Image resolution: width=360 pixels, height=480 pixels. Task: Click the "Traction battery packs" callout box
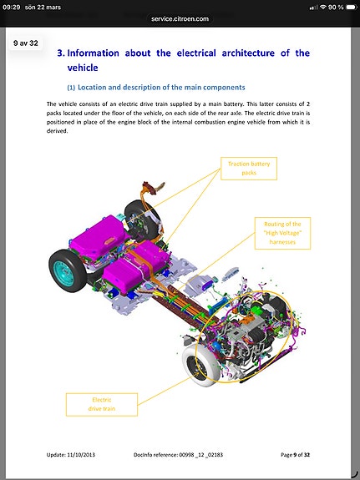249,169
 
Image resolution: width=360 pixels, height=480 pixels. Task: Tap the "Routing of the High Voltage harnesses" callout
282,233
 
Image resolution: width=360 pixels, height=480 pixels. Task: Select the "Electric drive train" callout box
102,404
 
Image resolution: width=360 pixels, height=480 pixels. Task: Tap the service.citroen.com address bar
180,18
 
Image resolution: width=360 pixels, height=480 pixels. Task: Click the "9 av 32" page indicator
26,43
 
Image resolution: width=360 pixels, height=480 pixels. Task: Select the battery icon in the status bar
352,7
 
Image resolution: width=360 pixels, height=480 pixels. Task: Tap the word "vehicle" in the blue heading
83,68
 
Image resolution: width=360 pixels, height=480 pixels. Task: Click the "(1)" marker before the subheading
71,88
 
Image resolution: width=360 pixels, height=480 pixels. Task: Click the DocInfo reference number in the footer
200,455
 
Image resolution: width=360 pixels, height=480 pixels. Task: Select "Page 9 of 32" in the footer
296,455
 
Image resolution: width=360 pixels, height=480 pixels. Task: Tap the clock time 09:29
12,7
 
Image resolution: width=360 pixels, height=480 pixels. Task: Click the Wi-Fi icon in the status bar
323,7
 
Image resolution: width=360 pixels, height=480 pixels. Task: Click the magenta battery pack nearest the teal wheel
98,236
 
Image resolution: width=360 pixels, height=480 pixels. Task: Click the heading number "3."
61,53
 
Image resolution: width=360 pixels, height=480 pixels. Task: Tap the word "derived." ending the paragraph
57,131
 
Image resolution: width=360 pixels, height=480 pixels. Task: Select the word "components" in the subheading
224,88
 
